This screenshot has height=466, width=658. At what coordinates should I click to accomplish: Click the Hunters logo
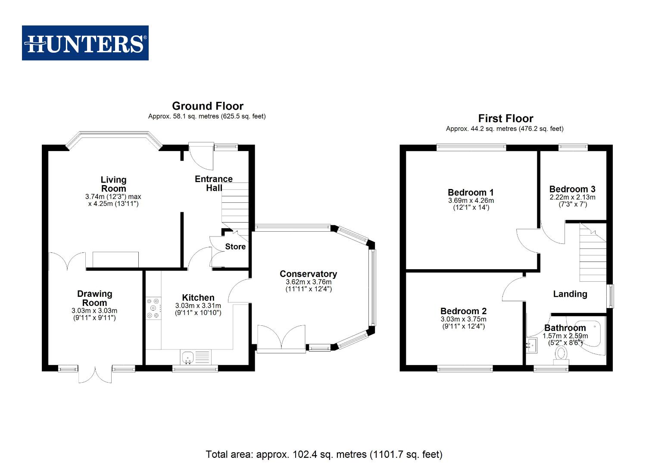click(85, 43)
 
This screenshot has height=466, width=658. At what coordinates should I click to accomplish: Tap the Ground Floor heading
click(207, 106)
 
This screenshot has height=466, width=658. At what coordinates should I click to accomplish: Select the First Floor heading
click(505, 119)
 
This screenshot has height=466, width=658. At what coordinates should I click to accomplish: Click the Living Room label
click(113, 184)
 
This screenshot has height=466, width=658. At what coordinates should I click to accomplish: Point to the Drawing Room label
click(94, 298)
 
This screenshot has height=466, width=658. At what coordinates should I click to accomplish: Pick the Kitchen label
click(198, 298)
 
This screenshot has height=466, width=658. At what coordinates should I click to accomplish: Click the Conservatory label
click(308, 274)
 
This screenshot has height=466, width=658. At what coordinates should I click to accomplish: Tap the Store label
click(235, 247)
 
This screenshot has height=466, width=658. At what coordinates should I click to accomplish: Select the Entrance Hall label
click(214, 183)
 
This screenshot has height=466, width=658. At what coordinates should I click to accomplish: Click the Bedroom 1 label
click(471, 193)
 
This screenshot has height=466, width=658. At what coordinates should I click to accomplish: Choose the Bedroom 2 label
click(463, 311)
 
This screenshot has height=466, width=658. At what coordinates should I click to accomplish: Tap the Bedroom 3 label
click(572, 189)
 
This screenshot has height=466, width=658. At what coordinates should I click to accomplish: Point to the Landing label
click(570, 294)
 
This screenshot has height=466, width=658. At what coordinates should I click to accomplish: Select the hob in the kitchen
click(153, 308)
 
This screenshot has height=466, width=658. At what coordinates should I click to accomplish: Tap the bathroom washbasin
click(532, 345)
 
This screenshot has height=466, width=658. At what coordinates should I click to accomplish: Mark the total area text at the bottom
click(324, 454)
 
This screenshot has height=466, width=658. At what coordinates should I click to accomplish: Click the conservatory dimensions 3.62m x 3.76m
click(309, 282)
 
